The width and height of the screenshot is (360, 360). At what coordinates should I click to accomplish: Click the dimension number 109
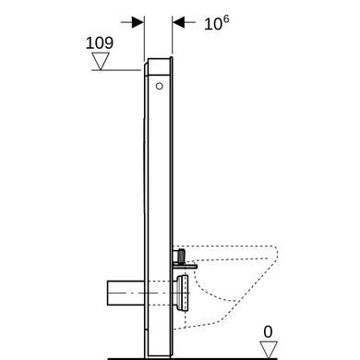point(100,43)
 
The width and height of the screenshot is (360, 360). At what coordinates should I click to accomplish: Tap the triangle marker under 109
point(101,61)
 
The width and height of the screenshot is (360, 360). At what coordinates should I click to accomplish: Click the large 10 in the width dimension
point(213,24)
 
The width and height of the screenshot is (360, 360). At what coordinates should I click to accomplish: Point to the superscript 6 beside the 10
point(226,19)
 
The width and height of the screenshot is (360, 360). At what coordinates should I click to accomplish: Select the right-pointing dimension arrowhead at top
point(138,22)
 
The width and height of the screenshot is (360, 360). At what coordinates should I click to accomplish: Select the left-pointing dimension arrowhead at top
point(178,22)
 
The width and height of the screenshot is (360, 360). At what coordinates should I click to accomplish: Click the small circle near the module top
point(159,86)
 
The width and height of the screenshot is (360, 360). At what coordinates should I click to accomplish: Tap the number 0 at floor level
point(268,332)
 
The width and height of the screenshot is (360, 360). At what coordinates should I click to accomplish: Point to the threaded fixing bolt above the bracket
point(182,257)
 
